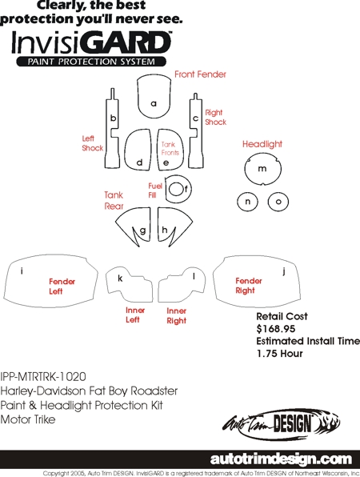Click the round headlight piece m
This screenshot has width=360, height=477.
(262, 169)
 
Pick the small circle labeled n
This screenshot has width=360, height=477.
(247, 202)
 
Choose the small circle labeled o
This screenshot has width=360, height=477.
(278, 202)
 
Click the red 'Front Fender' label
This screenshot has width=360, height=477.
(200, 74)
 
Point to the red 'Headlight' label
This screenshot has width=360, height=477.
(262, 144)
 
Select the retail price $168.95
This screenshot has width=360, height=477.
(276, 329)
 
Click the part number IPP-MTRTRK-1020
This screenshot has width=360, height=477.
(43, 377)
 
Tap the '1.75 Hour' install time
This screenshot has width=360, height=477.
(280, 354)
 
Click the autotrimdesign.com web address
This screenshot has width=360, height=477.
(281, 459)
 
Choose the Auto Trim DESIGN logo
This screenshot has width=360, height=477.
(282, 424)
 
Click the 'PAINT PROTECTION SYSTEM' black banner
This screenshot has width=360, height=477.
(91, 62)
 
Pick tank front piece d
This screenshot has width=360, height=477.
(138, 150)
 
